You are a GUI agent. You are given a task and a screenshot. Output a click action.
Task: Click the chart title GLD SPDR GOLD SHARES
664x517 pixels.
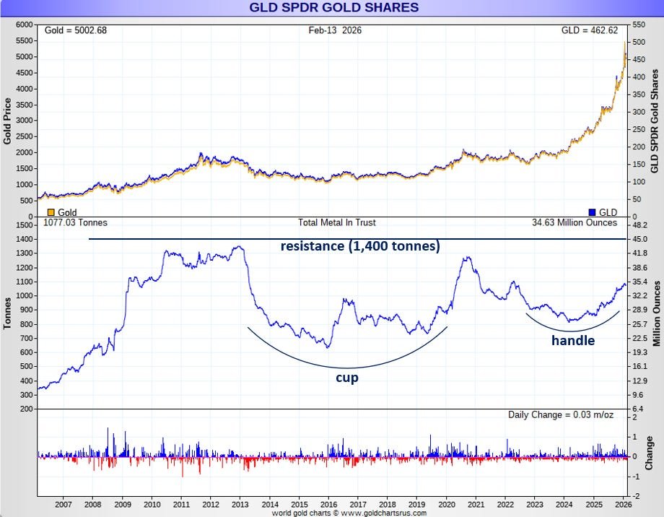[333, 8]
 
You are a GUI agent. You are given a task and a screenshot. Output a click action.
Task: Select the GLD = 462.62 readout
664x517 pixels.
[595, 30]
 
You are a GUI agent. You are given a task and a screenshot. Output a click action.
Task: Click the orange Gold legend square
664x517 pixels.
[51, 212]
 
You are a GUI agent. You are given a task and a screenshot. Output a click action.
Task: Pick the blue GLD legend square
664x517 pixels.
[593, 212]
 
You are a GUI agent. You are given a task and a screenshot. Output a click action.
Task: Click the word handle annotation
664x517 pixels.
[573, 340]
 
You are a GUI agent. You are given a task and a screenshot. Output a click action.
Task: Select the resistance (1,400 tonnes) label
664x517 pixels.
[360, 246]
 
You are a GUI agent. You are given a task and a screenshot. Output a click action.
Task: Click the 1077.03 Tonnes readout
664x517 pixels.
[76, 223]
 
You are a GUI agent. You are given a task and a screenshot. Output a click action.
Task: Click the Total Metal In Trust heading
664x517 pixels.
[336, 223]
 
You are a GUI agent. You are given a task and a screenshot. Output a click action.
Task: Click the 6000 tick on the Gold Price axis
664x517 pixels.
[25, 25]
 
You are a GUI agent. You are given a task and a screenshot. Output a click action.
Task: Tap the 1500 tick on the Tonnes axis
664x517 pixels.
[25, 225]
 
